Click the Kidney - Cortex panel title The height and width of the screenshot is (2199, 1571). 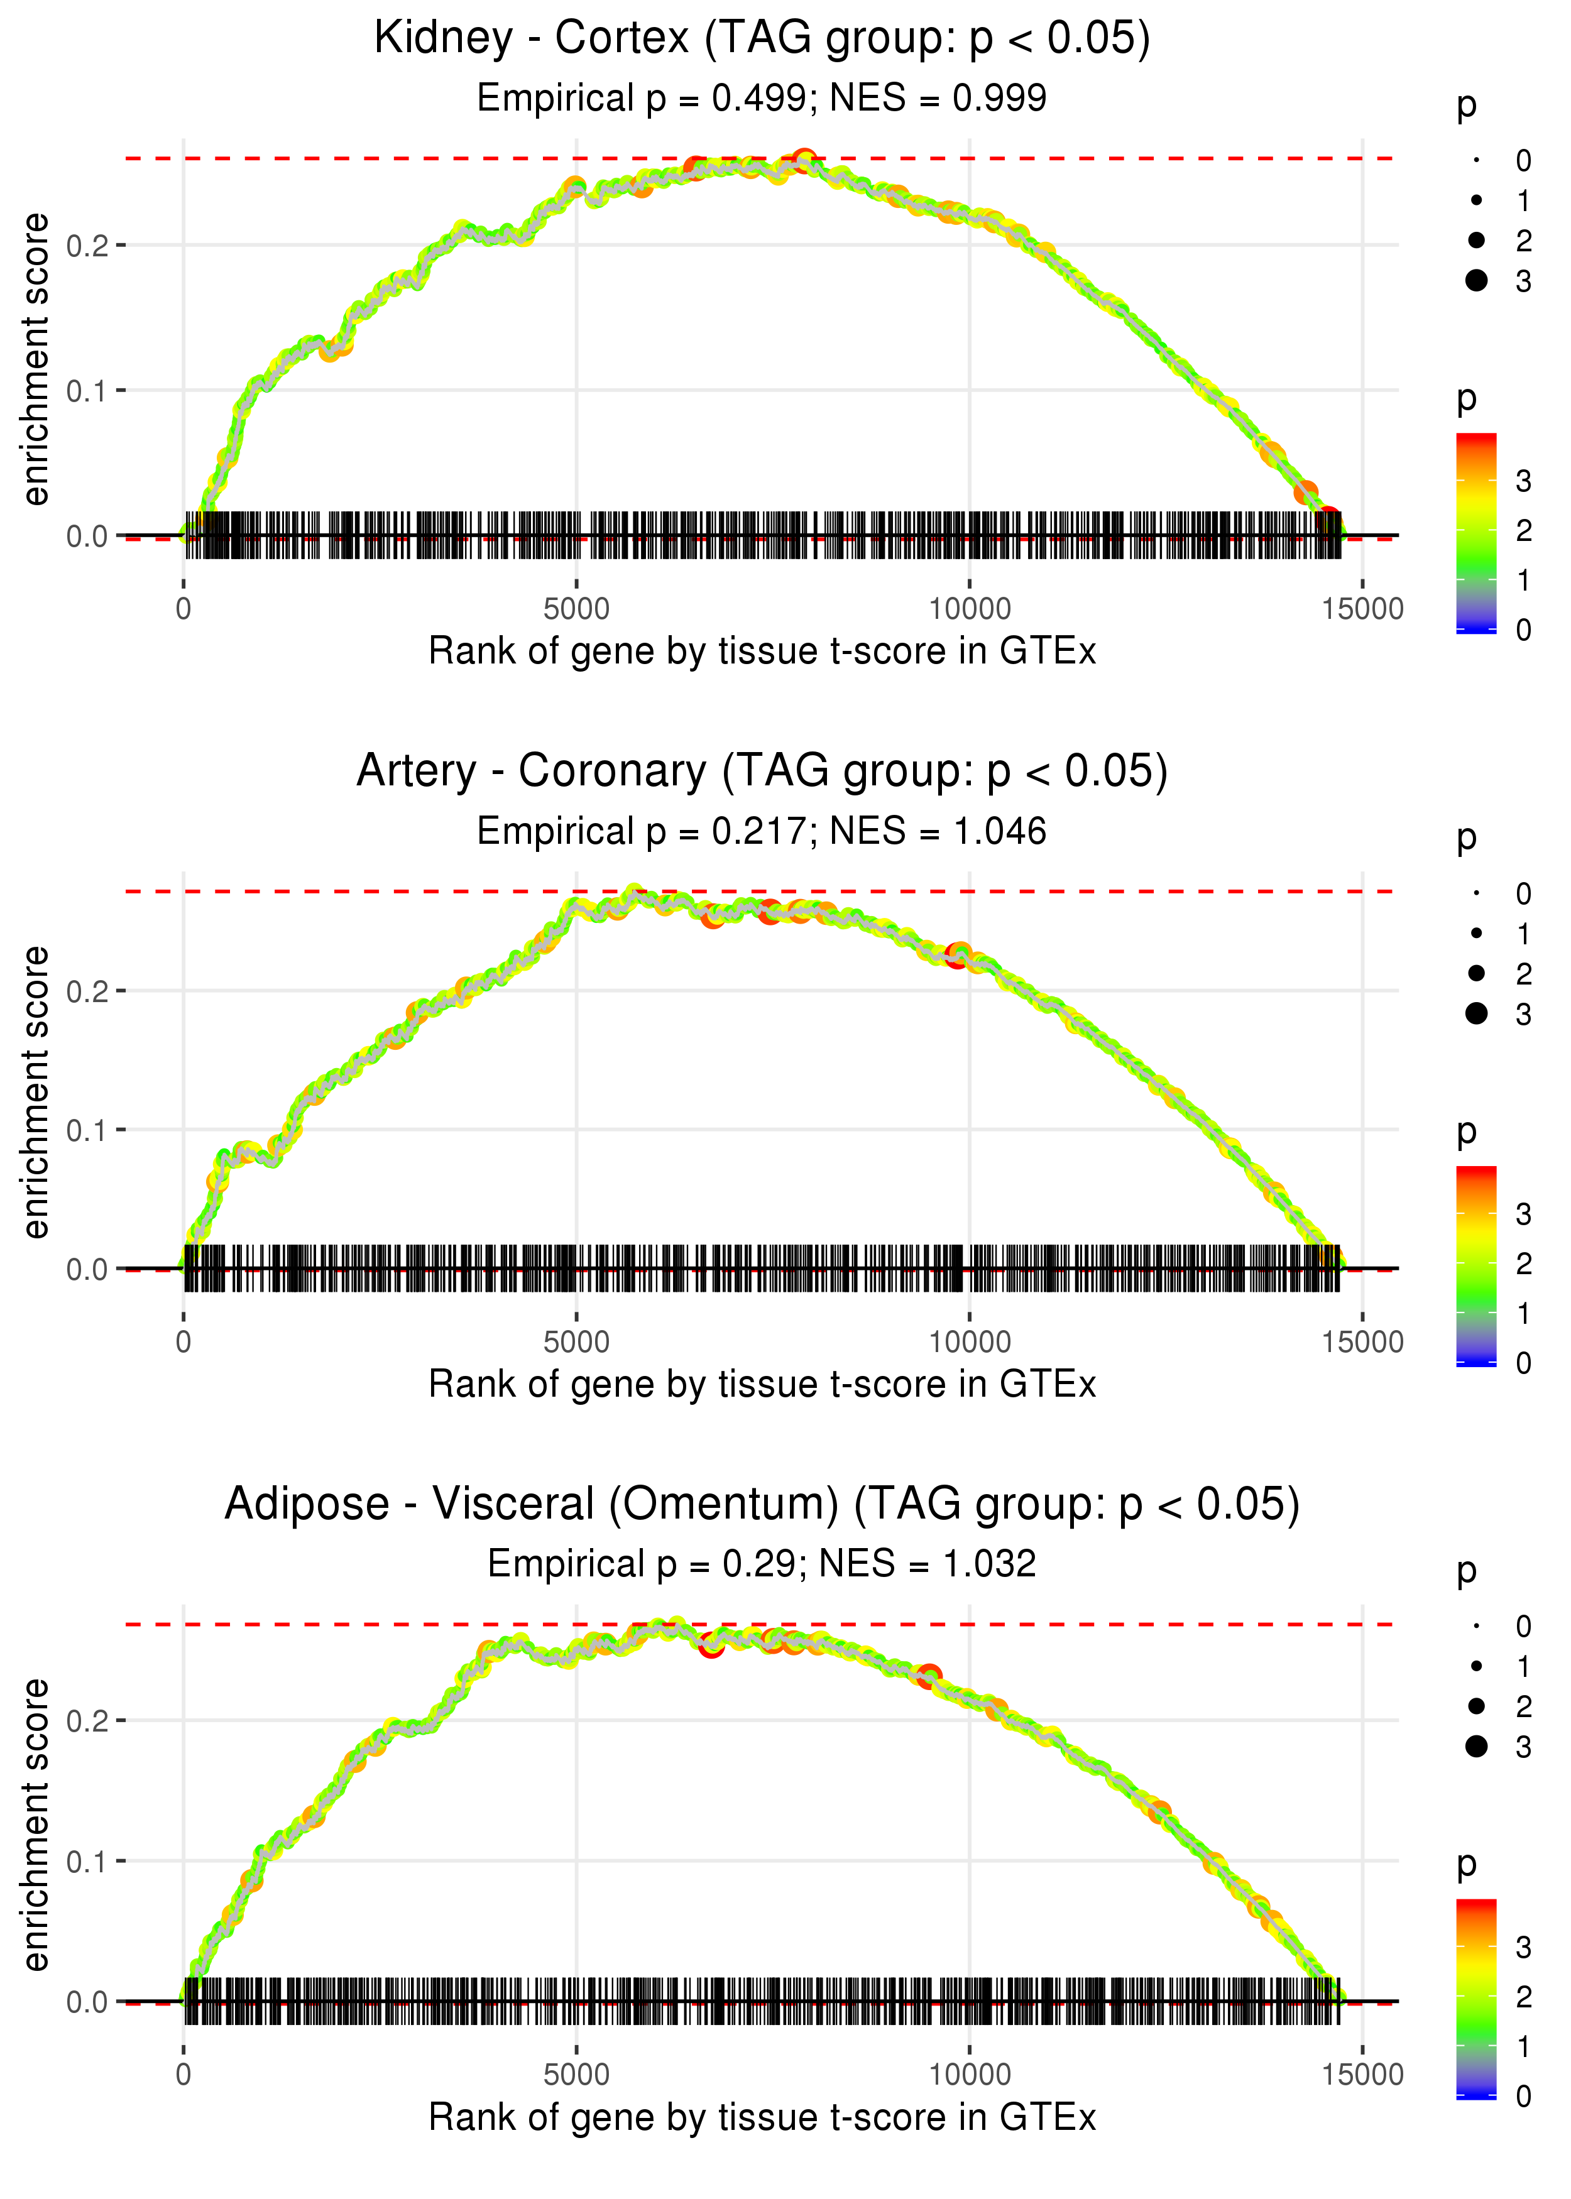762,39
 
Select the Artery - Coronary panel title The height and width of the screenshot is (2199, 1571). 762,772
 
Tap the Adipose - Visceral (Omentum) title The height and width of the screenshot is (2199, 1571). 762,1505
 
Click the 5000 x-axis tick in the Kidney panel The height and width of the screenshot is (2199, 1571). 576,609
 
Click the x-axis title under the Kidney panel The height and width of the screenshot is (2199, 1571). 762,652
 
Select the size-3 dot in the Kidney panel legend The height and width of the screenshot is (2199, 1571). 1476,280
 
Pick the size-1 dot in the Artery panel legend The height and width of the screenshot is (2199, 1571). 1476,933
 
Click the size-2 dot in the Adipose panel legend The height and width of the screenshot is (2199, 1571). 1476,1706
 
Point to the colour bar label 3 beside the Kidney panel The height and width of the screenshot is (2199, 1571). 1524,481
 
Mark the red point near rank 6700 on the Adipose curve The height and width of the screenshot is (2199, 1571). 711,1644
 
